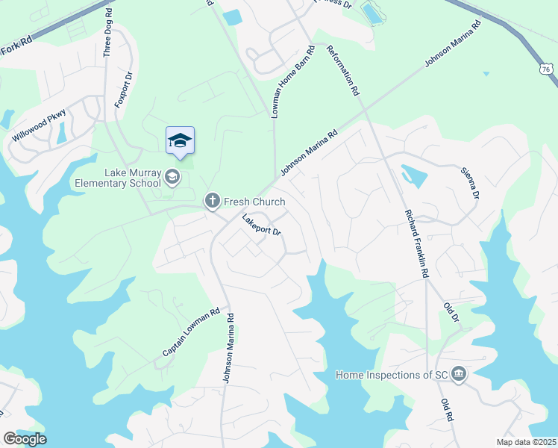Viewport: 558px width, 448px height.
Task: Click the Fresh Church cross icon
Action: (x=212, y=201)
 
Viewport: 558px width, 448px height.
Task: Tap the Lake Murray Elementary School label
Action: (x=118, y=178)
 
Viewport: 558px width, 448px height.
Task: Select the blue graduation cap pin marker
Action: (x=180, y=141)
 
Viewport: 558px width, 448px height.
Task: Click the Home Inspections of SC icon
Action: (x=459, y=374)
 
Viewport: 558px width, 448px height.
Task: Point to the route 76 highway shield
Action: (x=547, y=69)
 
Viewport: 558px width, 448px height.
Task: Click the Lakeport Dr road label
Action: (x=261, y=225)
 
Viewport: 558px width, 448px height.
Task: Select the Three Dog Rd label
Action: (x=108, y=34)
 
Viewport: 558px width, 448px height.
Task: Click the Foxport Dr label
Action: (x=123, y=90)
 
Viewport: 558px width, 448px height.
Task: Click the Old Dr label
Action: (x=450, y=312)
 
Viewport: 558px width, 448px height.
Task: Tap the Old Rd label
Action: (x=447, y=411)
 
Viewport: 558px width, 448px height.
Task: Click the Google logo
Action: (x=25, y=439)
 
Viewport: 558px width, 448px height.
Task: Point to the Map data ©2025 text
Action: (x=526, y=442)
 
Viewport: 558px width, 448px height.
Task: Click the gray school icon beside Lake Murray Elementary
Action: (x=172, y=177)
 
